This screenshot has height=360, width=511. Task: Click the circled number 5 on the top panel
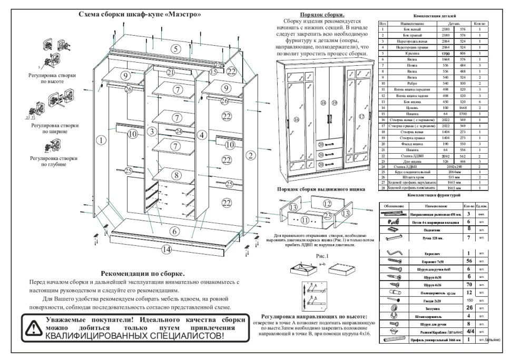pos(175,49)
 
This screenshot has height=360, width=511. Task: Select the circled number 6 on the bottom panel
pos(173,231)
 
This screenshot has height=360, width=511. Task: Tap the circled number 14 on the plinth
pos(167,249)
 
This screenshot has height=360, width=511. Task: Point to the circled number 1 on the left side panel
pos(101,140)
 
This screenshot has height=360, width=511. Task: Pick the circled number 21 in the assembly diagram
pos(170,72)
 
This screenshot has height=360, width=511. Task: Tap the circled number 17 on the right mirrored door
pos(361,116)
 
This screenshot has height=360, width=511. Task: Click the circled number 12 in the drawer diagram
pos(327,204)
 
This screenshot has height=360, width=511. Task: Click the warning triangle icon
pos(33,328)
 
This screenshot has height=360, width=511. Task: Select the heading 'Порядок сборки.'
pos(322,14)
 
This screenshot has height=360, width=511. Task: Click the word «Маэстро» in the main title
pos(184,14)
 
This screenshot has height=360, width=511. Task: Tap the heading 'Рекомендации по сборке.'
pos(142,274)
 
